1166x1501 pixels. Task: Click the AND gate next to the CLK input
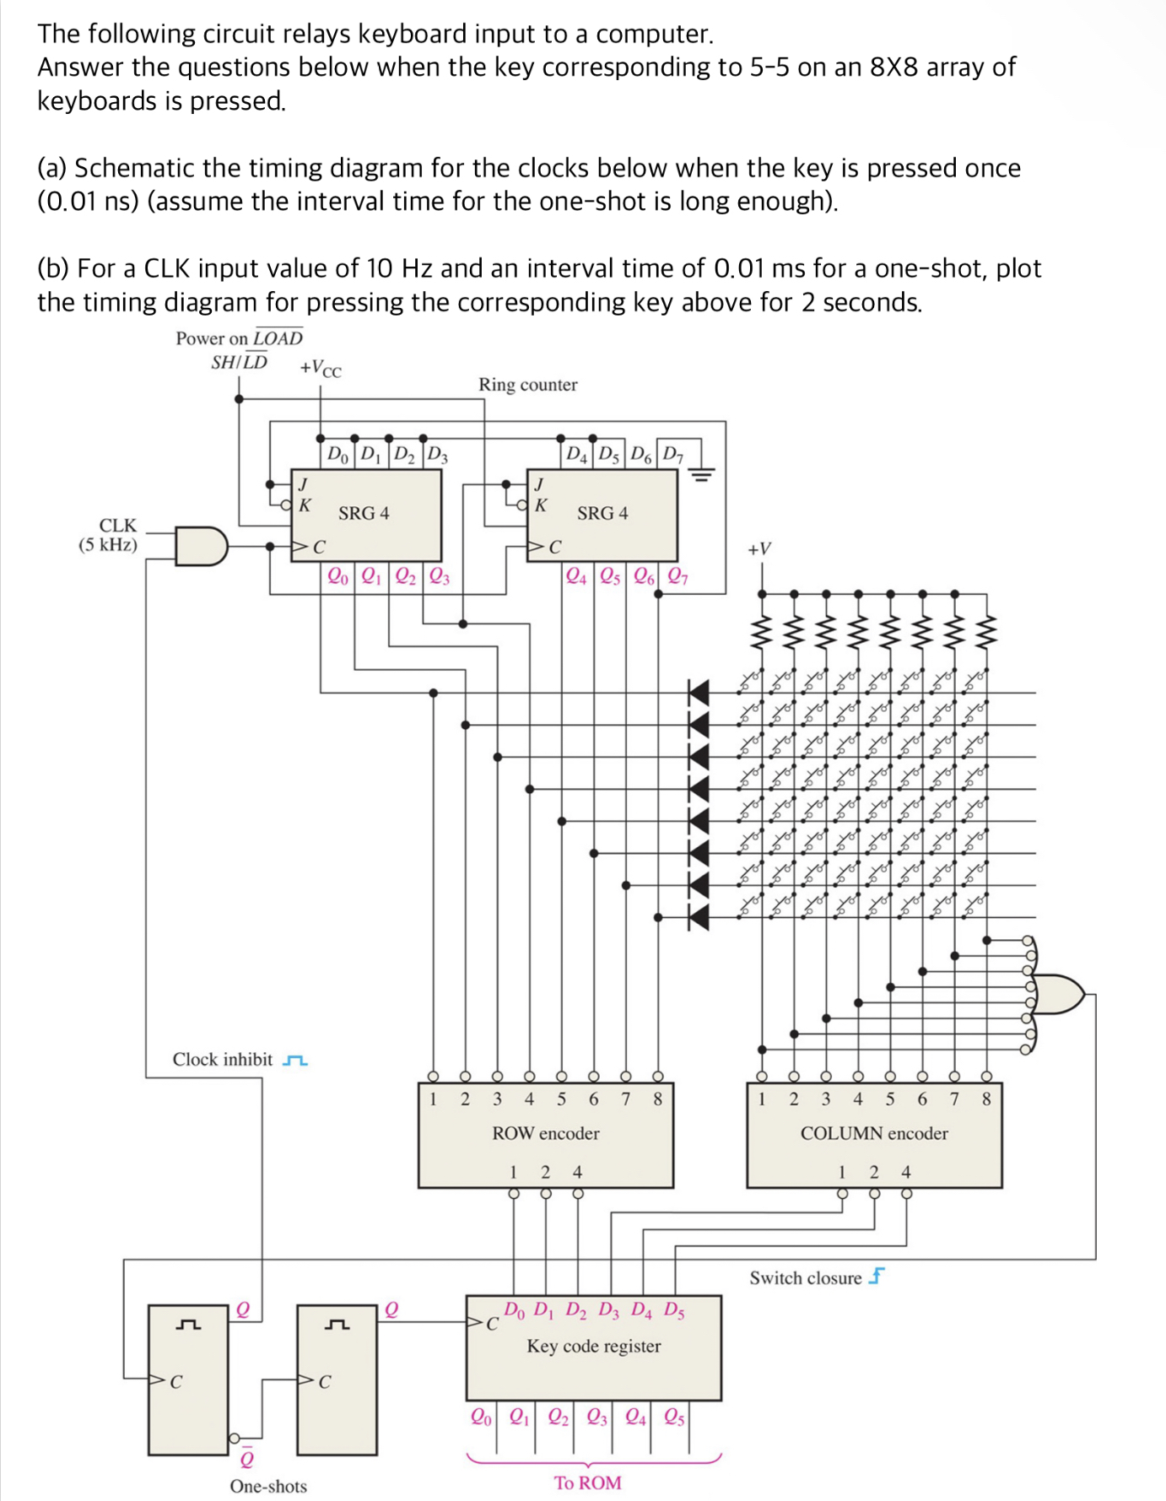click(201, 546)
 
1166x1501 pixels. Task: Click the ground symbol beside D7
click(702, 475)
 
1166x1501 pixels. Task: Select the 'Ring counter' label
click(527, 385)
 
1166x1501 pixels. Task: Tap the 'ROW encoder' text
click(546, 1133)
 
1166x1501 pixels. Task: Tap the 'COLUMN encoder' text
click(874, 1133)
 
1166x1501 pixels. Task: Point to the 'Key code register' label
click(594, 1346)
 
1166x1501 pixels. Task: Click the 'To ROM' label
click(588, 1482)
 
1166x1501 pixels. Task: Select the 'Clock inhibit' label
click(223, 1060)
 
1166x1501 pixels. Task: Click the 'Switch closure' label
click(806, 1278)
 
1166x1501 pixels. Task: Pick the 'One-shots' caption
click(268, 1486)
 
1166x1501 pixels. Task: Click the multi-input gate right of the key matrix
click(1058, 994)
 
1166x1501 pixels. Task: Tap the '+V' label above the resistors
click(759, 549)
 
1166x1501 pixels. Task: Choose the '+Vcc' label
click(321, 369)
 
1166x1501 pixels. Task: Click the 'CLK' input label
click(117, 526)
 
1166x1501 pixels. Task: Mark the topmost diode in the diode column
click(699, 693)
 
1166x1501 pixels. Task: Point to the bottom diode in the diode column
click(699, 917)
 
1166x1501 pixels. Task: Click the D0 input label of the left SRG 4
click(337, 455)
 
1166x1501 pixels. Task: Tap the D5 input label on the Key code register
click(674, 1310)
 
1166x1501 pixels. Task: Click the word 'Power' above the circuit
click(199, 338)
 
